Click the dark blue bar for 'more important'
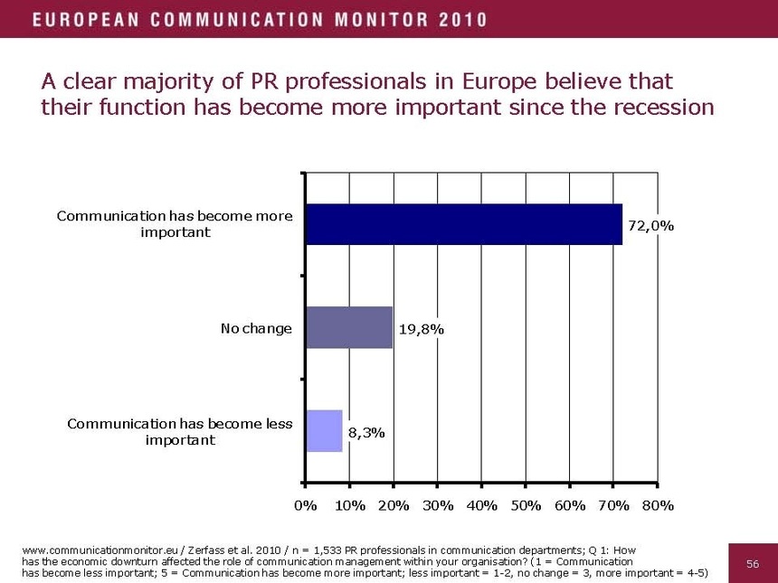tap(463, 224)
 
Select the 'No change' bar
tap(349, 327)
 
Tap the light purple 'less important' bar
tap(324, 430)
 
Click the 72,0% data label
tap(650, 226)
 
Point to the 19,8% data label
tap(421, 330)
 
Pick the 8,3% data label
tap(366, 433)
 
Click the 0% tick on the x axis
tap(306, 505)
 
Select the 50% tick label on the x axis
tap(526, 505)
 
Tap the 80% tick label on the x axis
tap(658, 505)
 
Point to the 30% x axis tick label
tap(438, 505)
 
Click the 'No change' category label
tap(256, 328)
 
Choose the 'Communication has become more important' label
tap(175, 224)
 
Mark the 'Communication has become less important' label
tap(180, 431)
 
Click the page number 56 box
tap(752, 563)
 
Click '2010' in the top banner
tap(462, 19)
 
